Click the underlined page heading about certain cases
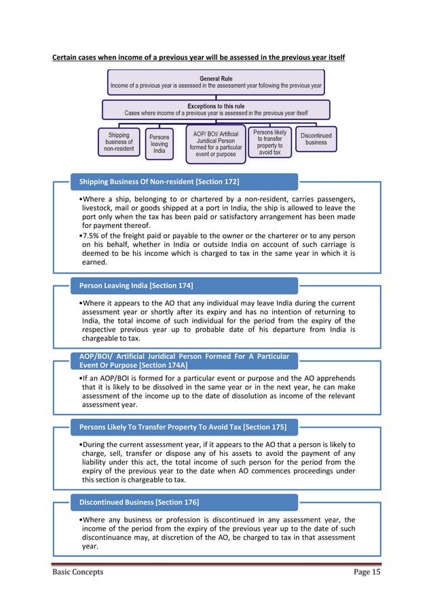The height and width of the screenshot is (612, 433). pyautogui.click(x=199, y=57)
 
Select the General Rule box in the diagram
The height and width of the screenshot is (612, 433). pyautogui.click(x=216, y=83)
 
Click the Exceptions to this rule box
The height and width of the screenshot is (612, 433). pyautogui.click(x=216, y=109)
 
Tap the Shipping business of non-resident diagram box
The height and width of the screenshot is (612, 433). pyautogui.click(x=119, y=142)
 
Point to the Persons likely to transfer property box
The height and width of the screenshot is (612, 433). pyautogui.click(x=269, y=142)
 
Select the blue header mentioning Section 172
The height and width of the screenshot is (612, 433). pyautogui.click(x=159, y=182)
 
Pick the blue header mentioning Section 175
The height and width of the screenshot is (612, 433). pyautogui.click(x=183, y=427)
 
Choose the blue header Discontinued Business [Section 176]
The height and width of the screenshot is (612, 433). pyautogui.click(x=139, y=502)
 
